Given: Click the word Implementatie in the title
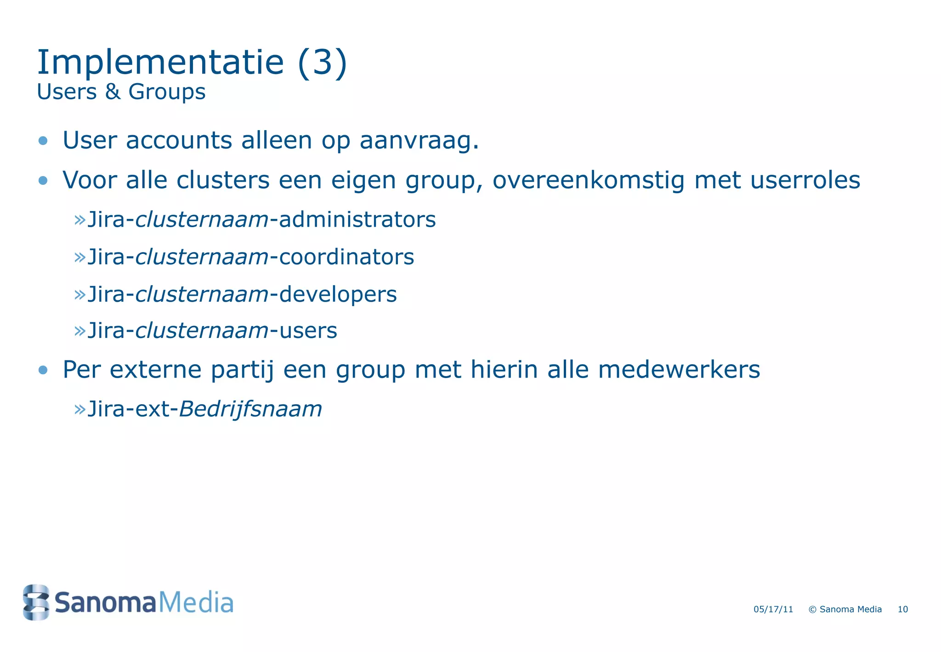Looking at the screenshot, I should click(x=160, y=63).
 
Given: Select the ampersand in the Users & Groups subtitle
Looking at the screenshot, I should click(x=113, y=92).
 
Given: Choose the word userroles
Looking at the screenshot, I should click(x=805, y=180).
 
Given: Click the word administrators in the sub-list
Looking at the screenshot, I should click(x=357, y=220).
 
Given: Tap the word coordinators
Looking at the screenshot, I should click(x=346, y=257).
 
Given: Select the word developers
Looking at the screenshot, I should click(x=338, y=295).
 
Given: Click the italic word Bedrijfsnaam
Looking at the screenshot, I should click(x=250, y=409).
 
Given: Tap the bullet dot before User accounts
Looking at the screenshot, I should click(x=43, y=141).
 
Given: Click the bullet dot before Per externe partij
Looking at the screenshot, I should click(x=43, y=370).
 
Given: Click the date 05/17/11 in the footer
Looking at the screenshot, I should click(x=773, y=609).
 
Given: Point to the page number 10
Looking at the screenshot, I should click(x=903, y=609).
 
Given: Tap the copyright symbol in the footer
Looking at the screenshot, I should click(x=812, y=610).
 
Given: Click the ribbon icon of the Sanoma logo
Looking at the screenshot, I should click(x=36, y=602).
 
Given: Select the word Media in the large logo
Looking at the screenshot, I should click(x=196, y=603).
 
